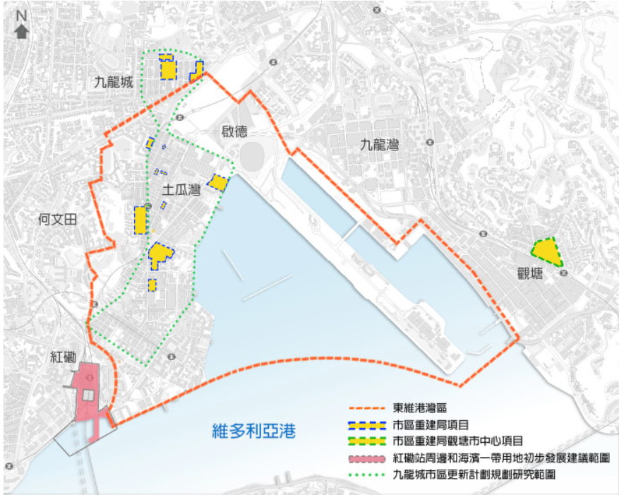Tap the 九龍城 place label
click(114, 83)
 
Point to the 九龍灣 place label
click(378, 145)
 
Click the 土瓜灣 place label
click(181, 189)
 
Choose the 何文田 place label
click(56, 220)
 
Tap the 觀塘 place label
click(529, 273)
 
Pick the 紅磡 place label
click(63, 357)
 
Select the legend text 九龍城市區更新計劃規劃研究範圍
click(473, 475)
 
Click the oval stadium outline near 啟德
click(252, 153)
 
